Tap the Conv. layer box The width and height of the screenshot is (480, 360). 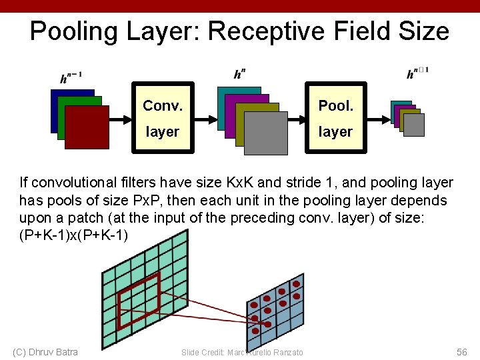click(x=162, y=118)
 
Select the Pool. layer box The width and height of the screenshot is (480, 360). click(x=335, y=118)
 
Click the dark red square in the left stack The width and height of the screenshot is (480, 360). click(x=87, y=127)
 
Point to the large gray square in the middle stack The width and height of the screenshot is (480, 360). click(x=265, y=133)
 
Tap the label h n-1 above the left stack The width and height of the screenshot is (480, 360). click(x=71, y=78)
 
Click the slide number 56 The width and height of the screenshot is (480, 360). click(x=462, y=352)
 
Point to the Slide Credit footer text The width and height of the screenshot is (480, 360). click(x=242, y=352)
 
